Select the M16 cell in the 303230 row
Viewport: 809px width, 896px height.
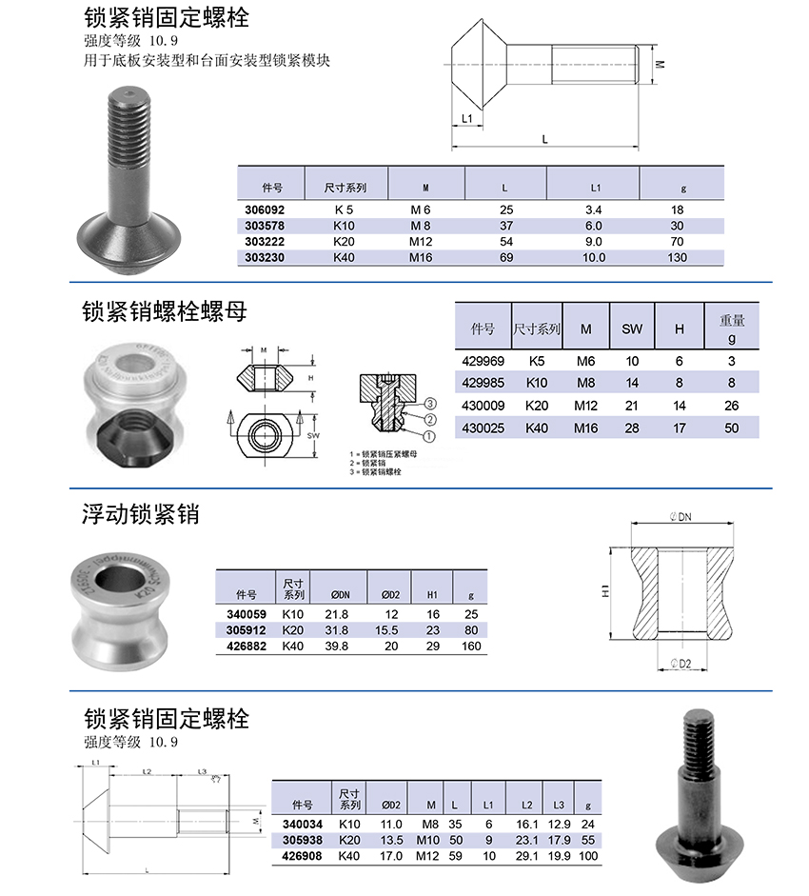coord(421,257)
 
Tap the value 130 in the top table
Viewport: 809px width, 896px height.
coord(677,257)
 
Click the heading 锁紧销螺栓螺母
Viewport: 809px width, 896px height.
coord(165,311)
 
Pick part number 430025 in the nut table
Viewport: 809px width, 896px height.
coord(483,428)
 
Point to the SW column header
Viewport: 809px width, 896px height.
coord(632,329)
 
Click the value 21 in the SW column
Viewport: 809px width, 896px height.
coord(632,406)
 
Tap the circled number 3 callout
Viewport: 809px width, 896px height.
coord(430,404)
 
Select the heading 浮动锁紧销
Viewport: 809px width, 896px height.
coord(140,515)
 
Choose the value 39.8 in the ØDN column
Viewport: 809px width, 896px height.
coord(337,647)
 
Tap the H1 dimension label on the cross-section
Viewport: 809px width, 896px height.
coord(605,591)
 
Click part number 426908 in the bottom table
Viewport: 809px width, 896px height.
coord(303,856)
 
